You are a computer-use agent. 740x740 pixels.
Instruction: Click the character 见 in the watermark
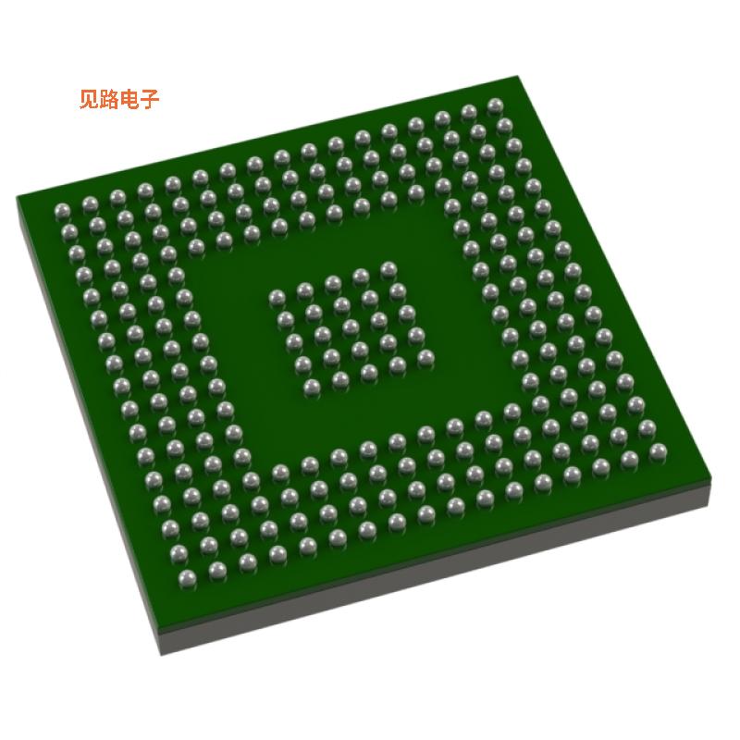[90, 99]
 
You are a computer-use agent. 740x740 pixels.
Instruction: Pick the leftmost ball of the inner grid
[276, 298]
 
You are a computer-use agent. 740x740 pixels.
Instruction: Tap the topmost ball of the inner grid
[388, 268]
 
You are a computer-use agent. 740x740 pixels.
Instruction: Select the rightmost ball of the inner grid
[425, 356]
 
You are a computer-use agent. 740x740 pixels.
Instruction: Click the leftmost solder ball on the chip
[62, 207]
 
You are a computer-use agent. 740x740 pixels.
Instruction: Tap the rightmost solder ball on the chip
[658, 451]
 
